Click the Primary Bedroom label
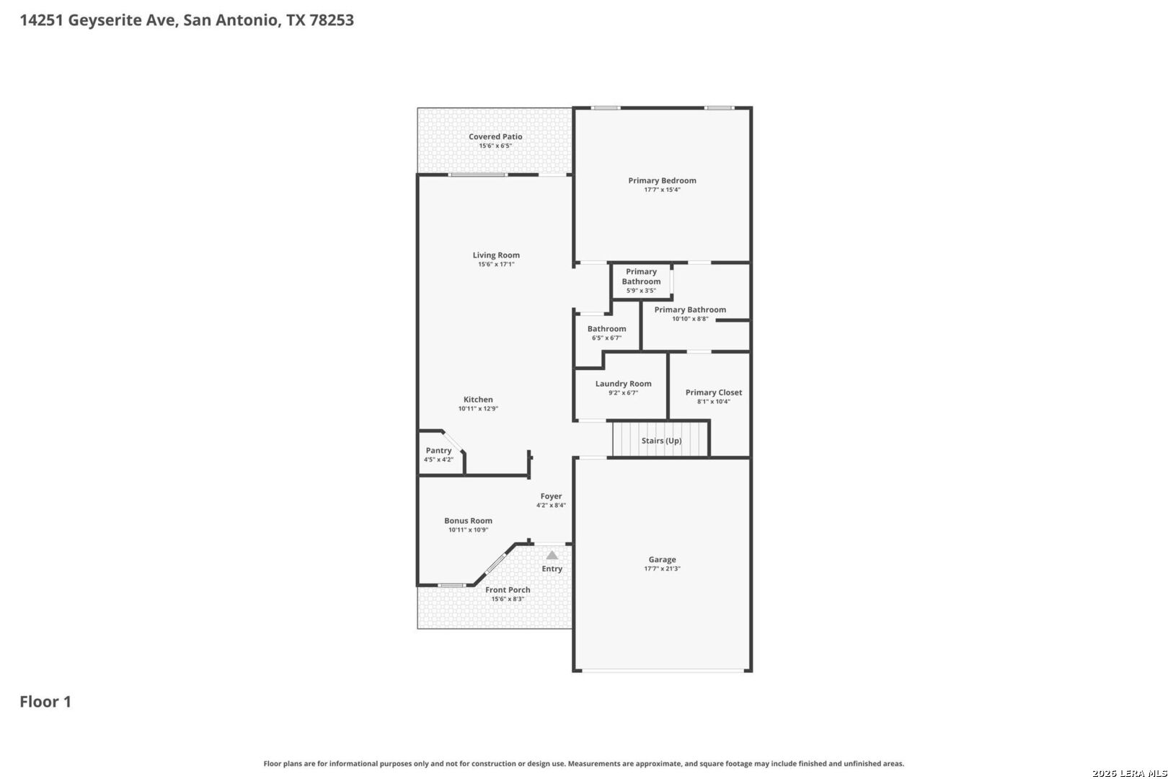point(662,180)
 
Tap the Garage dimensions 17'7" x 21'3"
point(662,568)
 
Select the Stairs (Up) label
point(661,441)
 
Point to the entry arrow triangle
point(552,555)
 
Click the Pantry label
point(438,450)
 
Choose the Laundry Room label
point(623,384)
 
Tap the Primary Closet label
point(713,392)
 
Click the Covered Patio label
point(495,137)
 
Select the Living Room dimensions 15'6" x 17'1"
point(496,265)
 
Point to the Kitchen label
point(478,400)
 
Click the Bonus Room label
point(468,521)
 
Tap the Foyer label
point(551,496)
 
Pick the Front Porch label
point(508,590)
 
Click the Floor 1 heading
point(45,702)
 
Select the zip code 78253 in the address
point(332,20)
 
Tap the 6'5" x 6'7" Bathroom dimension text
point(606,338)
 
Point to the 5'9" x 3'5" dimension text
point(642,291)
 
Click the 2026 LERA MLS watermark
point(1129,773)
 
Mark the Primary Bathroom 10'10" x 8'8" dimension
point(691,319)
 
